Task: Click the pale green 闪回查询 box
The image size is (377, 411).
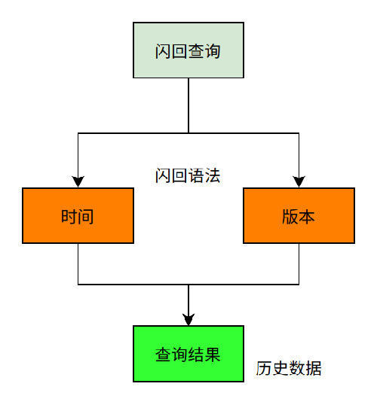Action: tap(188, 50)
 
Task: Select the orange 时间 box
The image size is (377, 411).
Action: tap(78, 215)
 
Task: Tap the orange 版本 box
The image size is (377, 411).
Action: tap(299, 215)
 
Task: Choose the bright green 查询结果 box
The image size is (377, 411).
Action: tap(188, 354)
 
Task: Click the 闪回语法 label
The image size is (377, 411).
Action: tap(188, 175)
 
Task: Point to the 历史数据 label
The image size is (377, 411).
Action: tap(289, 368)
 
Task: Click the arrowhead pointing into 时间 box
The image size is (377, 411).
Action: tap(78, 181)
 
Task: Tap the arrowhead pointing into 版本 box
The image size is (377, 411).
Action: tap(299, 181)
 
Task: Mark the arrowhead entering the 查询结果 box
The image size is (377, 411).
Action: tap(188, 319)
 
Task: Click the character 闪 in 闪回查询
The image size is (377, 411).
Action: tap(163, 51)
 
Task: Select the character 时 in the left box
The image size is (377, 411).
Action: tap(69, 217)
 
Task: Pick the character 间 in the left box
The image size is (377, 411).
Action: tap(86, 217)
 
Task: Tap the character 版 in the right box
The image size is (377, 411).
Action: tap(290, 217)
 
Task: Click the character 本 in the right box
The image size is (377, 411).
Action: tap(306, 217)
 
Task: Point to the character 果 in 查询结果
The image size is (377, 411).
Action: tap(213, 355)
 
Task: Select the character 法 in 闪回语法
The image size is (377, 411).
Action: tap(213, 175)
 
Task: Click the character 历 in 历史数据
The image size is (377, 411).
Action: tap(264, 368)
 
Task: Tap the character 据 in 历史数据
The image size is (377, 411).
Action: tap(314, 368)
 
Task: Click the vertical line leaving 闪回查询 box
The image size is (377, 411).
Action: tap(188, 105)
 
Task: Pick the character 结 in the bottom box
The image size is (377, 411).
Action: tap(196, 355)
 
